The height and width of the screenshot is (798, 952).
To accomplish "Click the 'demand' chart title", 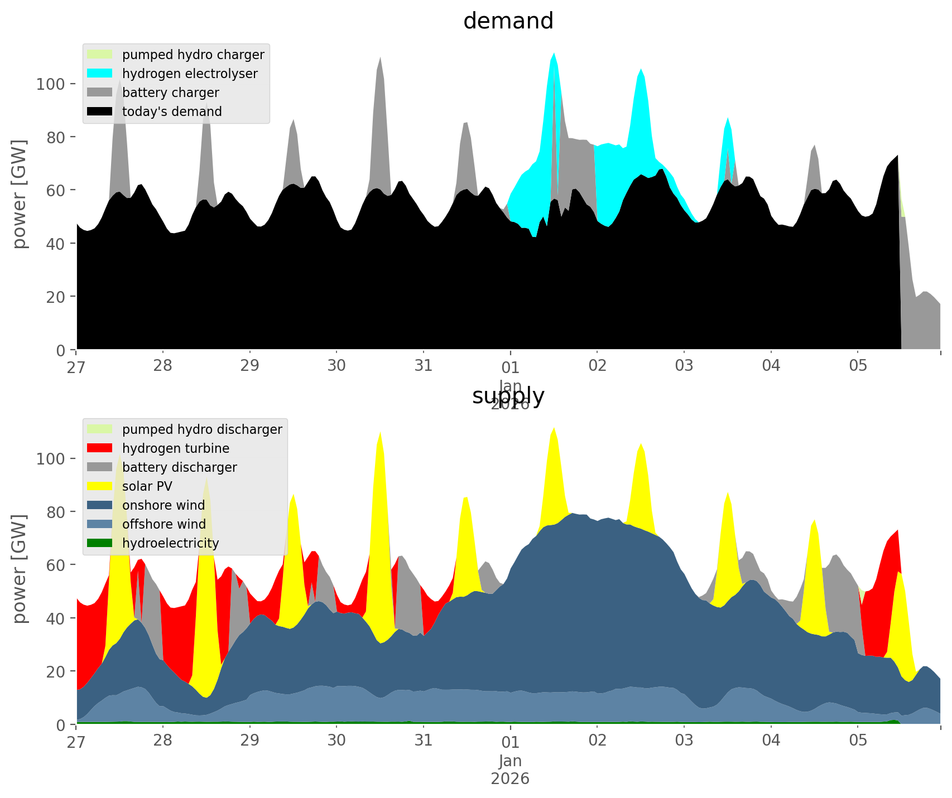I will pyautogui.click(x=508, y=21).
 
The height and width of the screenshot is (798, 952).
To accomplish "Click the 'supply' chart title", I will pyautogui.click(x=508, y=396).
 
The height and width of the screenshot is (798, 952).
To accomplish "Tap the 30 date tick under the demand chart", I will pyautogui.click(x=336, y=366).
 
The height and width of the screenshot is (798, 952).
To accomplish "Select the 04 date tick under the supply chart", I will pyautogui.click(x=771, y=741).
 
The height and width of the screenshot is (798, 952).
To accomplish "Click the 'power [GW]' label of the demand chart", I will pyautogui.click(x=20, y=194).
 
